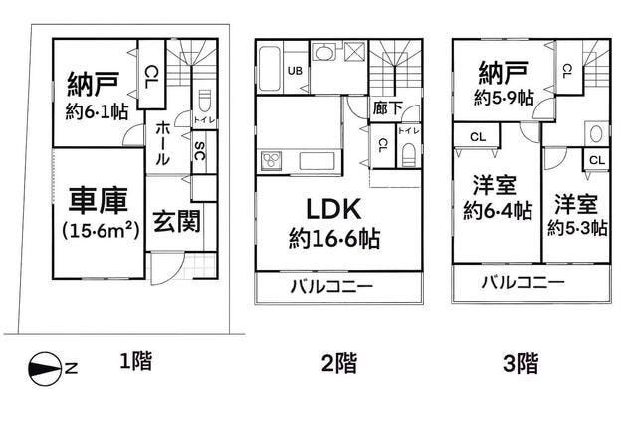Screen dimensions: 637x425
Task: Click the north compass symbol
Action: pyautogui.click(x=44, y=369)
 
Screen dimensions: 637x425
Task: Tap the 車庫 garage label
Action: pyautogui.click(x=99, y=200)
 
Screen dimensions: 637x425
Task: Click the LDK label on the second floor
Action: pyautogui.click(x=333, y=209)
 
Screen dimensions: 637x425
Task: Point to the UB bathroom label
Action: pyautogui.click(x=295, y=71)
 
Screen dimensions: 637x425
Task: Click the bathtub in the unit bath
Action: pyautogui.click(x=269, y=69)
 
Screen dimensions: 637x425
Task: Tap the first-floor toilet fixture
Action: pyautogui.click(x=204, y=102)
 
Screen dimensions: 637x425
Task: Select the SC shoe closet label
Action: pyautogui.click(x=199, y=151)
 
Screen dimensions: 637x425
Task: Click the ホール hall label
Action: pyautogui.click(x=162, y=143)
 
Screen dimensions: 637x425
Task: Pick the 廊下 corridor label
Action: pyautogui.click(x=387, y=107)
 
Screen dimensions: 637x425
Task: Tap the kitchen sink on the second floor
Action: pyautogui.click(x=318, y=160)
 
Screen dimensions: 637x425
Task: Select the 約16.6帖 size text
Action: pyautogui.click(x=334, y=238)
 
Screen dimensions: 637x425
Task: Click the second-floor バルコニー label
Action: pyautogui.click(x=331, y=287)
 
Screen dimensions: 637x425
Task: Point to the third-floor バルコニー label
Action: pyautogui.click(x=524, y=282)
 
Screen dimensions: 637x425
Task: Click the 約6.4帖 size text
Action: pyautogui.click(x=498, y=211)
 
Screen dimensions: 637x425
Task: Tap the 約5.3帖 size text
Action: pyautogui.click(x=577, y=228)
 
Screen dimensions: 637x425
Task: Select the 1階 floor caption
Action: pyautogui.click(x=136, y=361)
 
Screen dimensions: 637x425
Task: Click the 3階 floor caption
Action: pyautogui.click(x=522, y=363)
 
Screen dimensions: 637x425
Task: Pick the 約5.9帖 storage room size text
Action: pyautogui.click(x=504, y=98)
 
